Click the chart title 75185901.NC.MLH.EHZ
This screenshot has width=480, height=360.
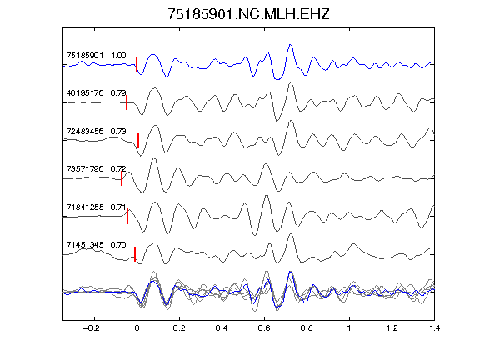248,14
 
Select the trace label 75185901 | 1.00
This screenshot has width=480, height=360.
96,56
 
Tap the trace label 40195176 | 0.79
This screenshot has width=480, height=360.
96,93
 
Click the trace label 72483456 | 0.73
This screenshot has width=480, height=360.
96,132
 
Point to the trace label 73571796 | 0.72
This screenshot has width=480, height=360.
96,169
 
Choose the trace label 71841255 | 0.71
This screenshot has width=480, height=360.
96,207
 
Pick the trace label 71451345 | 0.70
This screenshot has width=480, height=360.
96,245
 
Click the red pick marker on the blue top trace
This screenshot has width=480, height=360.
137,64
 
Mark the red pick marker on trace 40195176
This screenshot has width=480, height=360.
127,102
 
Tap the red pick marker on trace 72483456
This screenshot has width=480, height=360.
138,140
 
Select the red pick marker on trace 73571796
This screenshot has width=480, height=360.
122,178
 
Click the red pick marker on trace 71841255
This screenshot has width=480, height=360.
127,216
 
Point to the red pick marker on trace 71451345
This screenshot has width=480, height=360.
135,254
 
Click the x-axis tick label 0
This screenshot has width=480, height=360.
137,328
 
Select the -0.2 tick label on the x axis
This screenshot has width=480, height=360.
91,328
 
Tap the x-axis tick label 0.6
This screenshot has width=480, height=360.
264,328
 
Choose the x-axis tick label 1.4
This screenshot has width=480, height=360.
434,328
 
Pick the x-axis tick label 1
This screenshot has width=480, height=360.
349,328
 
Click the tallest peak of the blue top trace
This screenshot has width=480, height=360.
290,45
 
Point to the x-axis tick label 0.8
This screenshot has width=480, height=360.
307,328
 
